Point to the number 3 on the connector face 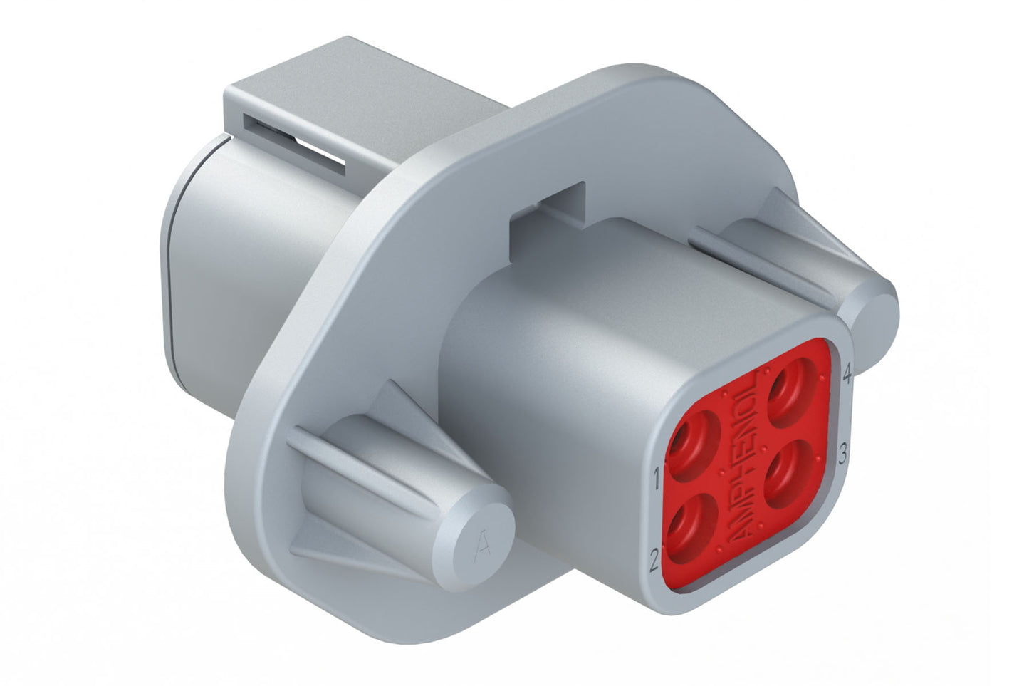(x=842, y=454)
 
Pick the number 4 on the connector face (x=847, y=375)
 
